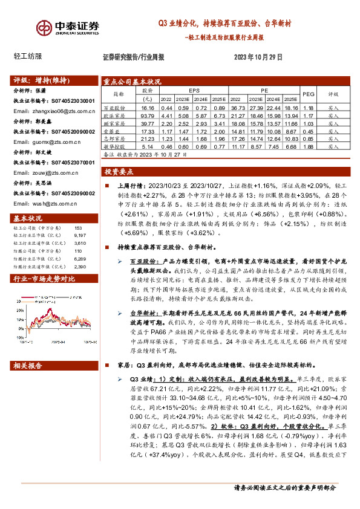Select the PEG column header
click(x=308, y=94)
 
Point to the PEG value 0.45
click(x=308, y=131)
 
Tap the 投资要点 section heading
click(x=119, y=171)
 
